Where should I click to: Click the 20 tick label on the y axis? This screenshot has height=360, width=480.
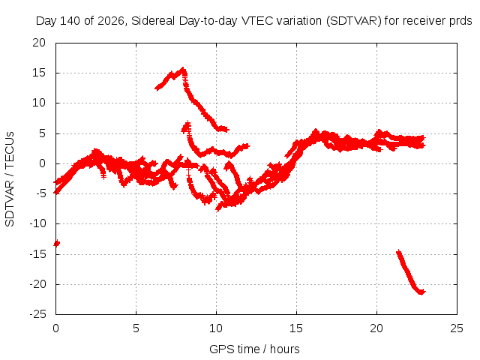(39, 43)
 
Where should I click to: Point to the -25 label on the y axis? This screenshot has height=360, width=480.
(37, 314)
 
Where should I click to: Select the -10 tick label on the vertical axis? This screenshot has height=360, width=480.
(37, 223)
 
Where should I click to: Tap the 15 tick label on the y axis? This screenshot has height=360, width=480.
(39, 73)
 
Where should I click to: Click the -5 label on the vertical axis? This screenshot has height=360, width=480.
(40, 193)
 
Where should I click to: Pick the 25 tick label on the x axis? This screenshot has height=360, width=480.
(457, 328)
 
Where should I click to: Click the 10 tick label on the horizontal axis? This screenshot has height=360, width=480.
(216, 328)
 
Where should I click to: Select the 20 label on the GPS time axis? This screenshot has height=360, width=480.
(376, 328)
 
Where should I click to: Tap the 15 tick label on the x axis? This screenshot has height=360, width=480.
(296, 328)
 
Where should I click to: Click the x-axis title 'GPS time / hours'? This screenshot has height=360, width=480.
(254, 349)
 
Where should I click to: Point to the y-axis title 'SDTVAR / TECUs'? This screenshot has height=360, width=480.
(10, 179)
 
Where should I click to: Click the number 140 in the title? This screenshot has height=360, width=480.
(70, 21)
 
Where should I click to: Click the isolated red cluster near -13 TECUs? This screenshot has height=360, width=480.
(57, 243)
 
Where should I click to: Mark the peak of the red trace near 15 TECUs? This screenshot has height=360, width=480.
(183, 68)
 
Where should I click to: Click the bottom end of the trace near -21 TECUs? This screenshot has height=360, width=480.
(422, 292)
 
